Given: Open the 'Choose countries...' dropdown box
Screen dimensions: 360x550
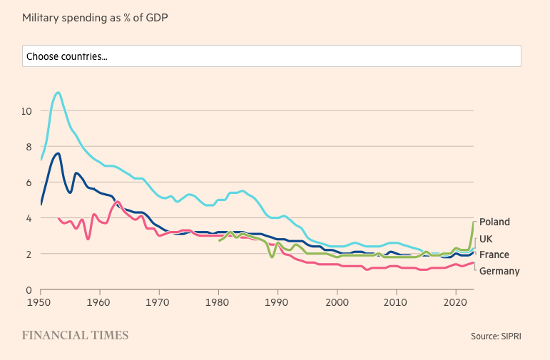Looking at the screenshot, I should tap(271, 56).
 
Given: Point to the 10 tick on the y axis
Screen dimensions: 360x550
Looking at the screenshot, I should tap(26, 110).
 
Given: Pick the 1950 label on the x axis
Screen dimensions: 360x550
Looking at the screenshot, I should tap(41, 303).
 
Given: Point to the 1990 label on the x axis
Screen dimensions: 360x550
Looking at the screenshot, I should tap(277, 303).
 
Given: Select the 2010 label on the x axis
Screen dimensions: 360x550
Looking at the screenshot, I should tap(396, 303).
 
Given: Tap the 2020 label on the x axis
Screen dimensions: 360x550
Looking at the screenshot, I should tap(455, 303).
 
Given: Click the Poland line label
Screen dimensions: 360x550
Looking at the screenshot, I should tap(494, 222).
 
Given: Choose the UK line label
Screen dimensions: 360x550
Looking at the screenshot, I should tap(486, 239).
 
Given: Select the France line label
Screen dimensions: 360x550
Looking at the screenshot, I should tap(494, 254).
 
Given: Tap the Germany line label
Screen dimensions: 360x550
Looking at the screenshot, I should tap(499, 271).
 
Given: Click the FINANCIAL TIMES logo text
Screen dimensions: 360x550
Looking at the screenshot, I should tap(75, 335).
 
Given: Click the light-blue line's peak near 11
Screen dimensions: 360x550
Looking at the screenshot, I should tap(58, 92).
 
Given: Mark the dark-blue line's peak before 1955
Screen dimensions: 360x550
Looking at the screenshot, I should tap(58, 153).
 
